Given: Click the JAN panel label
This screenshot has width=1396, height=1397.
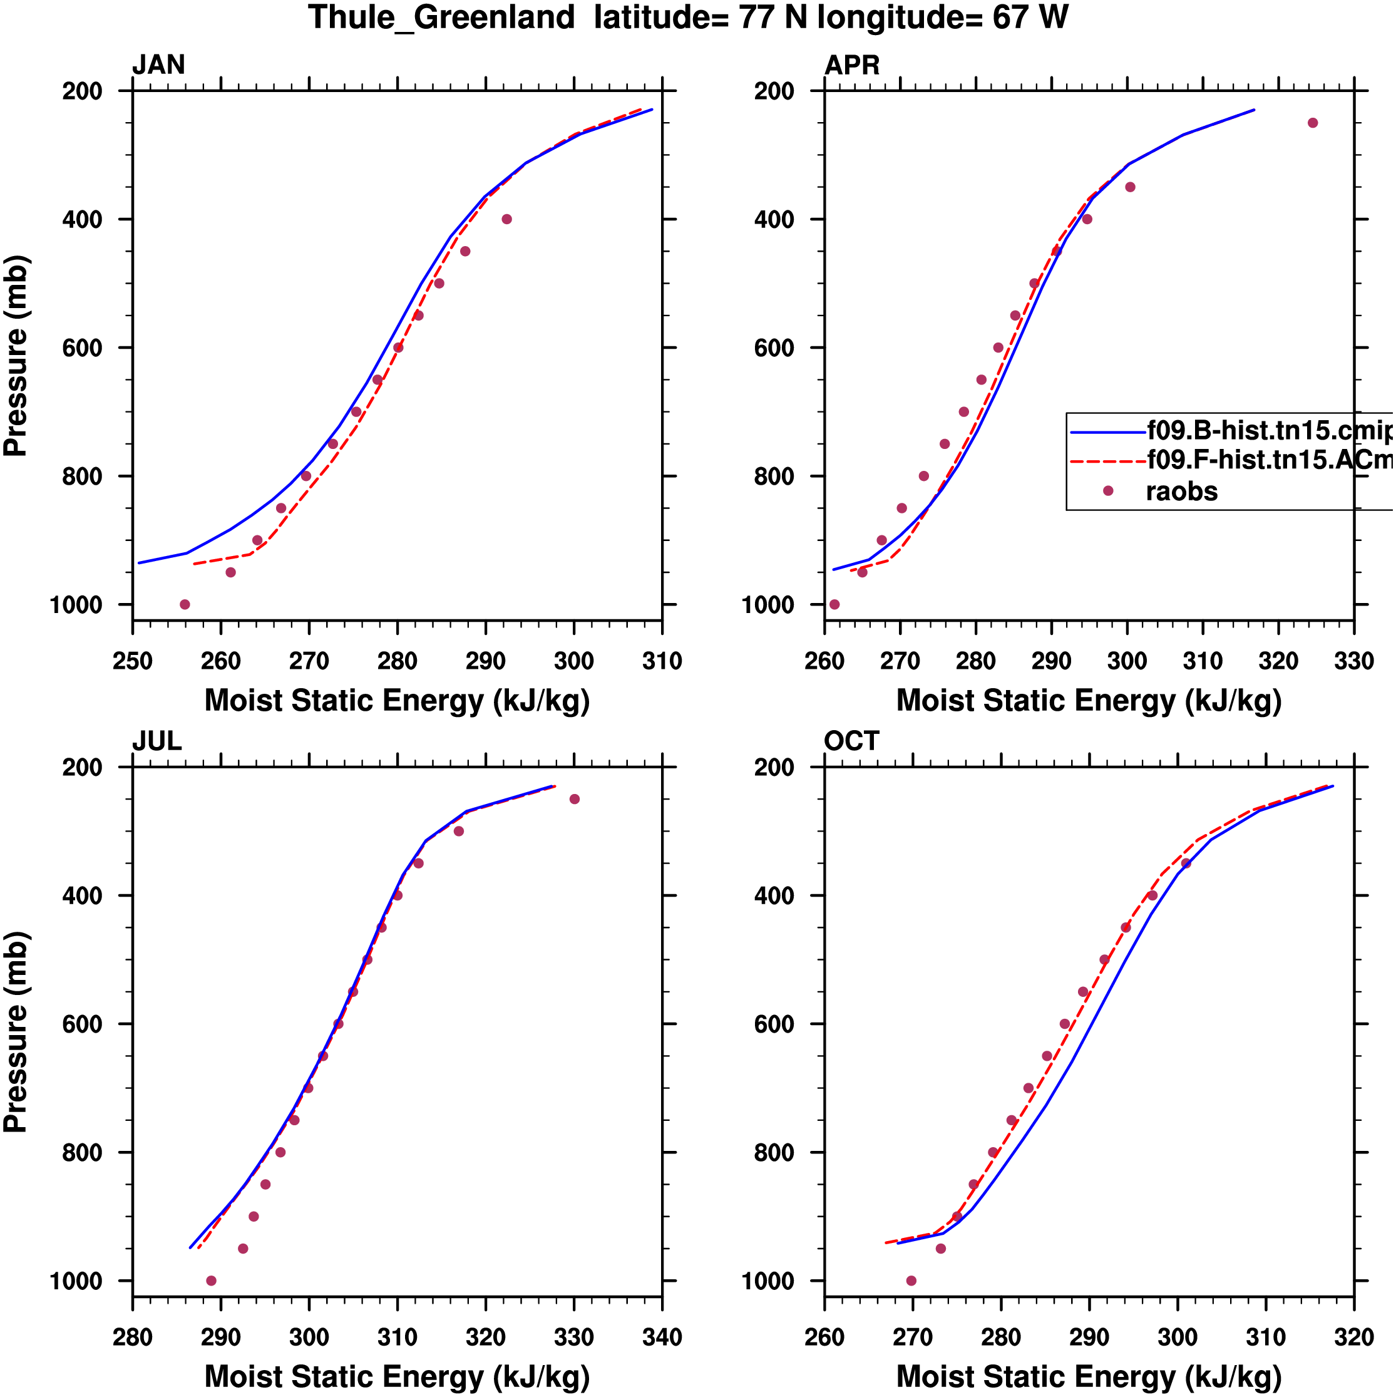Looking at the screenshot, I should (158, 65).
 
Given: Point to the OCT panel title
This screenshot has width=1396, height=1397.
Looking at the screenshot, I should (851, 741).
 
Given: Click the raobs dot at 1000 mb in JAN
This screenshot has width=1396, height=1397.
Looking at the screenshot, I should (185, 604).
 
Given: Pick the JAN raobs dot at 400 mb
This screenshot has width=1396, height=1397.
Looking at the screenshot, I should (507, 219).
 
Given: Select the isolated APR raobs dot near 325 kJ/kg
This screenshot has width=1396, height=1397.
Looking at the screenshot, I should (1313, 123).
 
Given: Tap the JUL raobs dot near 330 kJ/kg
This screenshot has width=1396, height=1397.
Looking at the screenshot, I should (575, 799).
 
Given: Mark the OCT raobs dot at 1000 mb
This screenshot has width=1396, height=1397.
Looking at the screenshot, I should (911, 1281).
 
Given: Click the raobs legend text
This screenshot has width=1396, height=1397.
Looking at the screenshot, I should (1181, 492).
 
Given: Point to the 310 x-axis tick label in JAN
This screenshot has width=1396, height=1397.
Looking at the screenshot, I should (662, 661).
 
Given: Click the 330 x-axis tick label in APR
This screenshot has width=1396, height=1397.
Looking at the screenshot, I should (1353, 661).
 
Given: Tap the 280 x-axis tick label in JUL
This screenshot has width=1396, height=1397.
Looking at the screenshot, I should (133, 1337).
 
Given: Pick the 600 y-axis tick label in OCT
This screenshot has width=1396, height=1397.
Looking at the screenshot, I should (774, 1024).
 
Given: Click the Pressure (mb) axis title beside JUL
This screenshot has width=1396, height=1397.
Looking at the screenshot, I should (16, 1032).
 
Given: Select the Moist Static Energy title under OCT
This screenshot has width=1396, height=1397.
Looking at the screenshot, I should (1089, 1376).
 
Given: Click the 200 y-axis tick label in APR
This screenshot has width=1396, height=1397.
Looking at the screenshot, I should (774, 91).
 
